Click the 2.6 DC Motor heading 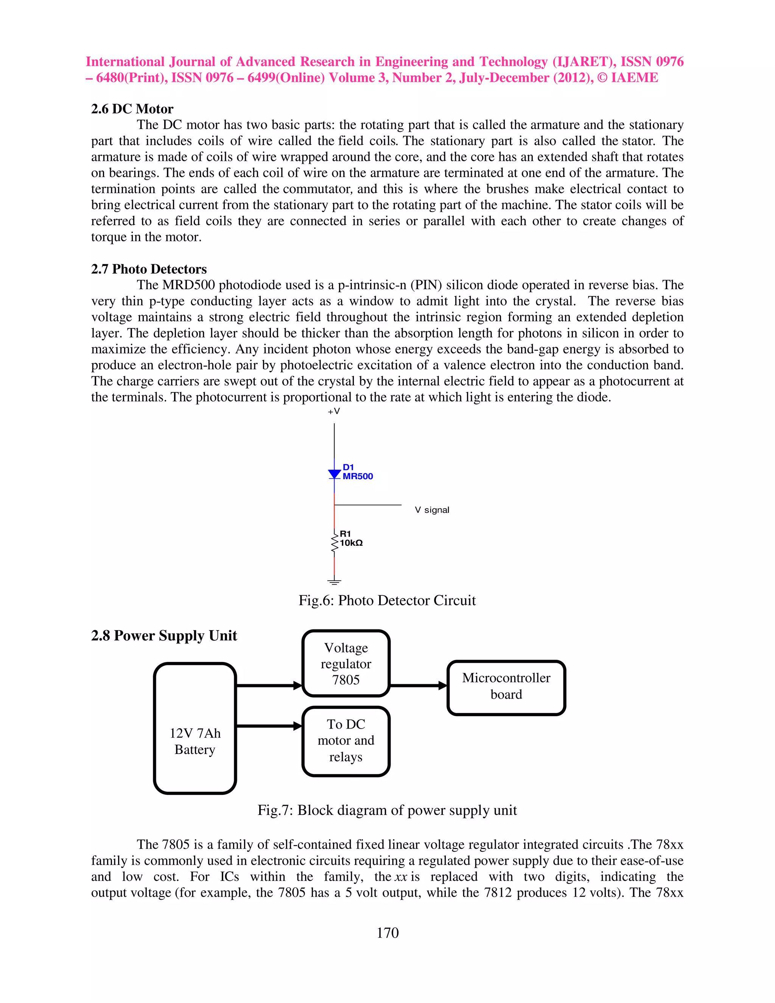coord(132,109)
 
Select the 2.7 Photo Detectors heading coord(149,269)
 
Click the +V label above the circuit coord(334,411)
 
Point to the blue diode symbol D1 coord(334,474)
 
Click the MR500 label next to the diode coord(358,476)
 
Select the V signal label coord(431,510)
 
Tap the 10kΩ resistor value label coord(351,543)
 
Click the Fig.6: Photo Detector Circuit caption coord(387,600)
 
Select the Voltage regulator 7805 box coord(346,663)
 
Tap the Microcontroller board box coord(506,687)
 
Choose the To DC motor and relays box coord(346,741)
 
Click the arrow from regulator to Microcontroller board coord(418,686)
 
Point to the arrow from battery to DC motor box coord(269,726)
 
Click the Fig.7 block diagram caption coord(387,810)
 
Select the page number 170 coord(387,933)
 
